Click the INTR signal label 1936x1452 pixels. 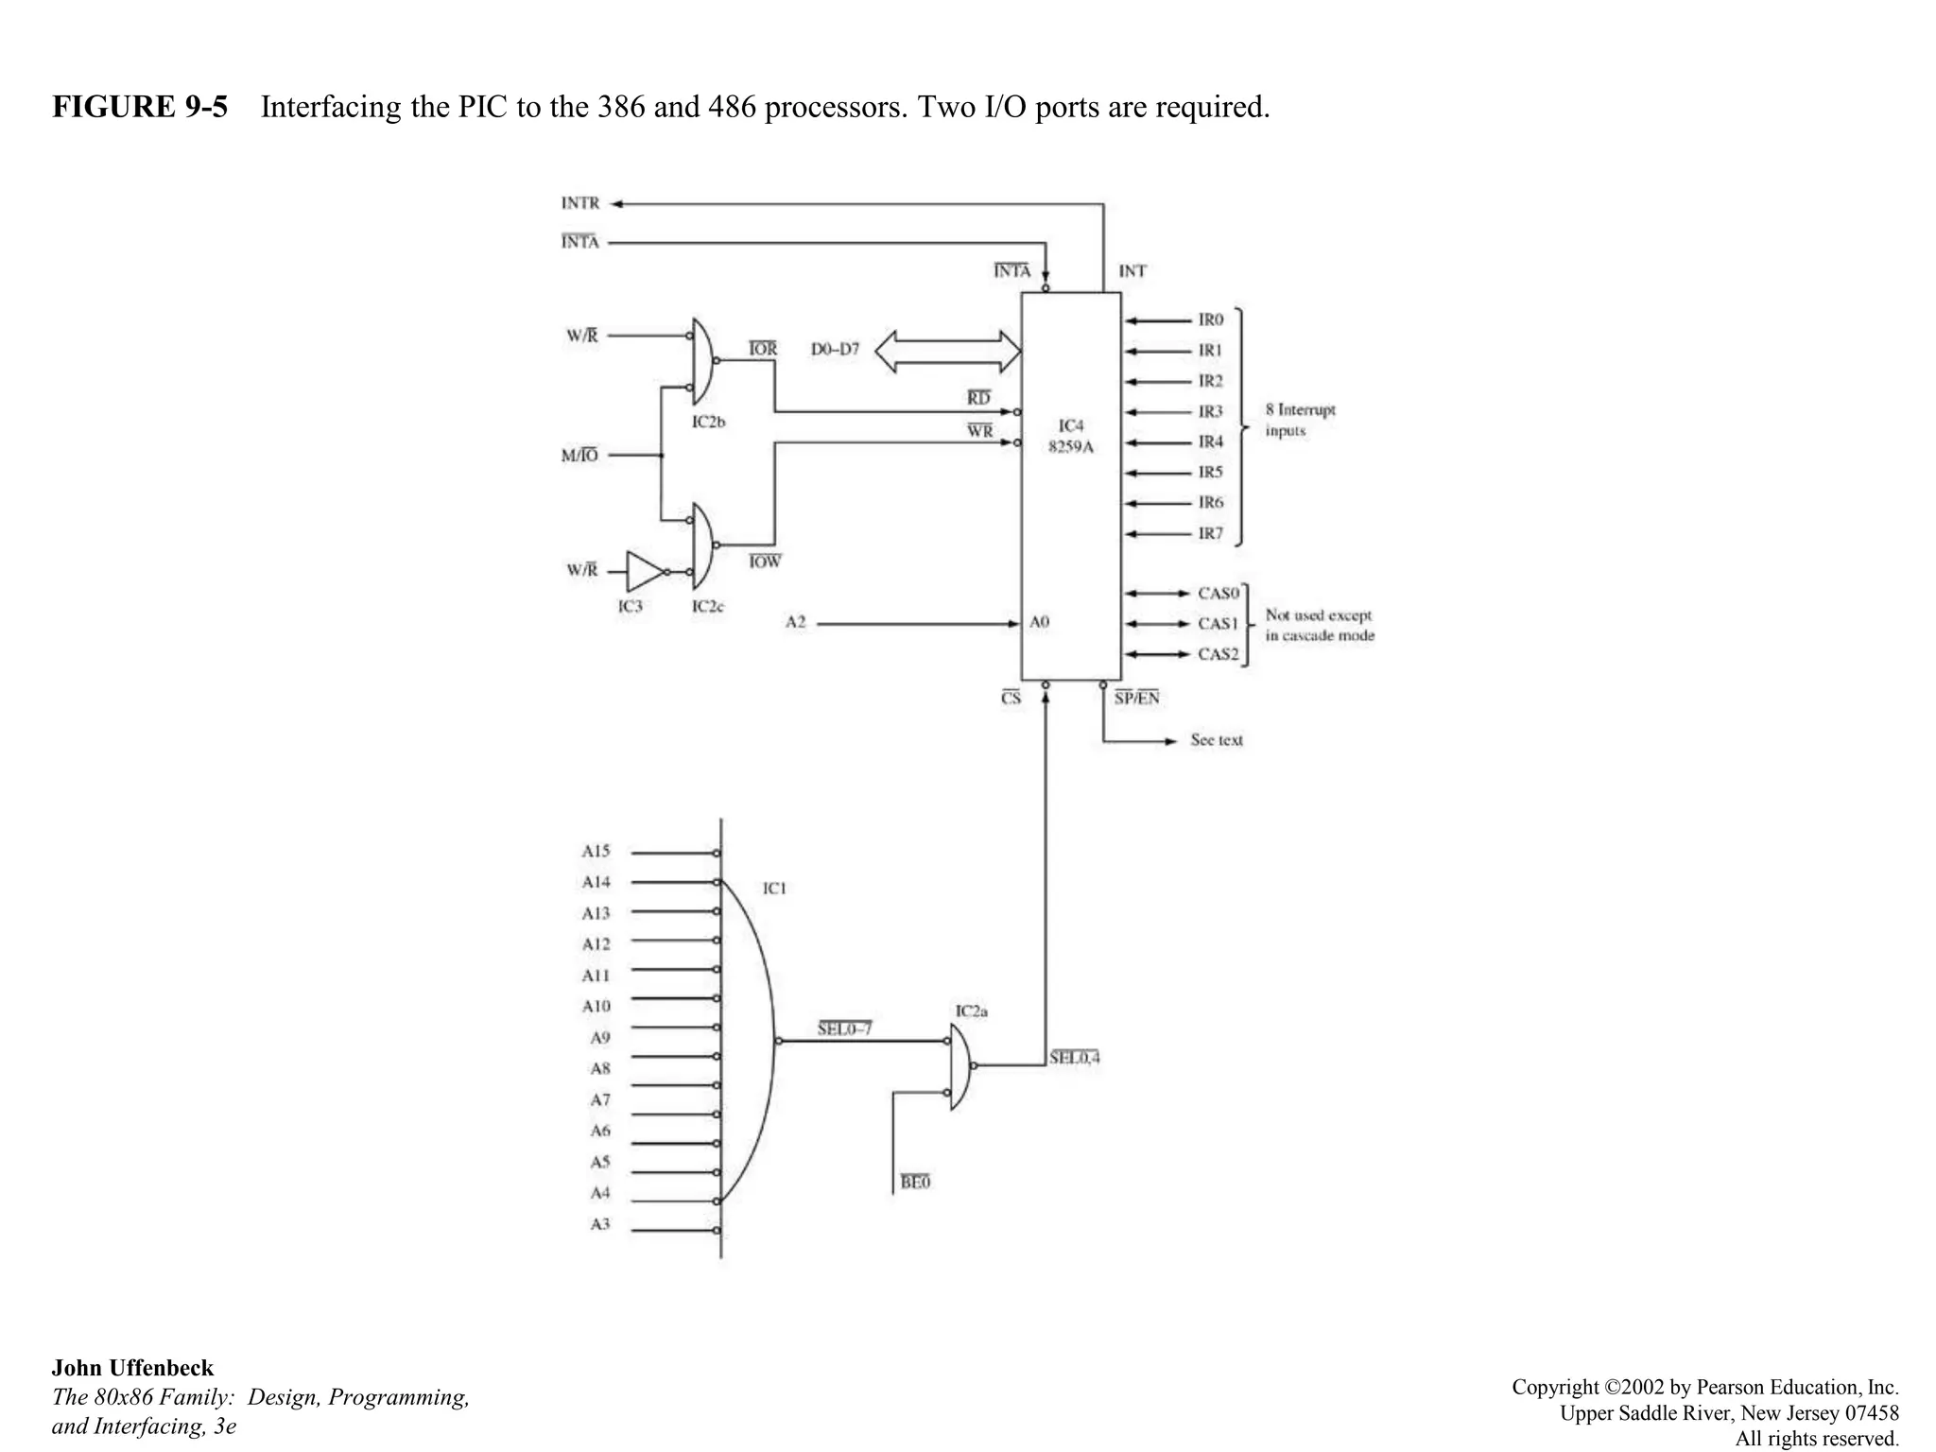tap(579, 203)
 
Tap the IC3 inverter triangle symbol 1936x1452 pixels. tap(645, 571)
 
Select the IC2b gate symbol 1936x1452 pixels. tap(702, 360)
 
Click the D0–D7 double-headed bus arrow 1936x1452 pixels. tap(947, 351)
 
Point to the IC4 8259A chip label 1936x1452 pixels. tap(1070, 437)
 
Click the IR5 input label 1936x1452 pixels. tap(1210, 472)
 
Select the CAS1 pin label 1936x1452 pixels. tap(1218, 624)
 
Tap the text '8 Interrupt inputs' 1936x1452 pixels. tap(1300, 420)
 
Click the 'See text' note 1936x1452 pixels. tap(1216, 740)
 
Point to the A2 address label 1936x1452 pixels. tap(795, 622)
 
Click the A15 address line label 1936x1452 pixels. tap(596, 852)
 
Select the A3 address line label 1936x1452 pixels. tap(600, 1225)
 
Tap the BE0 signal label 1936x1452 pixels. tap(915, 1183)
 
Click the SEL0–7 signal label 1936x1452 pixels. tap(844, 1029)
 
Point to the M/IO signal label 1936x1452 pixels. tap(579, 456)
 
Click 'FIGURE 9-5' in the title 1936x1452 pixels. tap(140, 107)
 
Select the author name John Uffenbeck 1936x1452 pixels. tap(132, 1368)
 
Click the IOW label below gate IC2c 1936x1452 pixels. tap(765, 562)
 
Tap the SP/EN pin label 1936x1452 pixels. tap(1136, 699)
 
